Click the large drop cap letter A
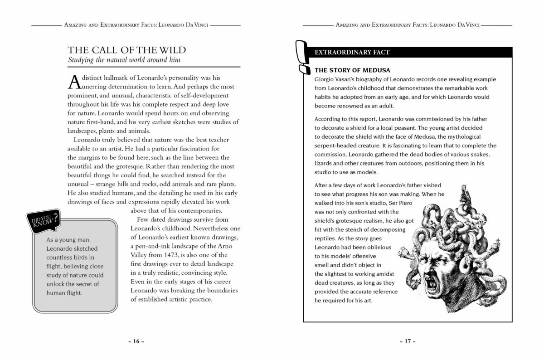pyautogui.click(x=73, y=82)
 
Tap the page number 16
pyautogui.click(x=136, y=341)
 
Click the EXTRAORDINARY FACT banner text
pyautogui.click(x=352, y=53)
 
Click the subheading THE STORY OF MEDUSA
pyautogui.click(x=352, y=70)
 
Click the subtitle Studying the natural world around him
pyautogui.click(x=124, y=60)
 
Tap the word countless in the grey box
pyautogui.click(x=61, y=258)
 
